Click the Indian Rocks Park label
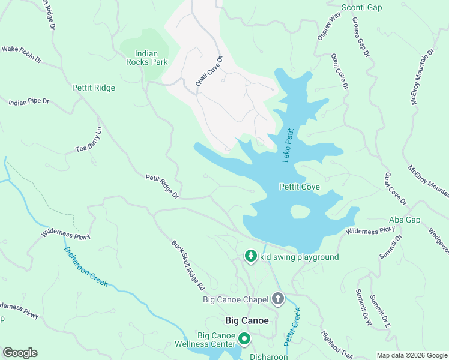[146, 57]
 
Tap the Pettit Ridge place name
[93, 88]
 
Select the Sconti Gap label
[361, 7]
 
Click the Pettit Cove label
[300, 187]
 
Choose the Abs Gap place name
[405, 220]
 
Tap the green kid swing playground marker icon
[251, 257]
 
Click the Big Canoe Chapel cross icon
[277, 298]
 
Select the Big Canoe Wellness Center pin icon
[244, 339]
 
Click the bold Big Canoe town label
[247, 320]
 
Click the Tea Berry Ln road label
[89, 140]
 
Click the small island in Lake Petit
[300, 212]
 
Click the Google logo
[20, 353]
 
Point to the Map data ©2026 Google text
[411, 355]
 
